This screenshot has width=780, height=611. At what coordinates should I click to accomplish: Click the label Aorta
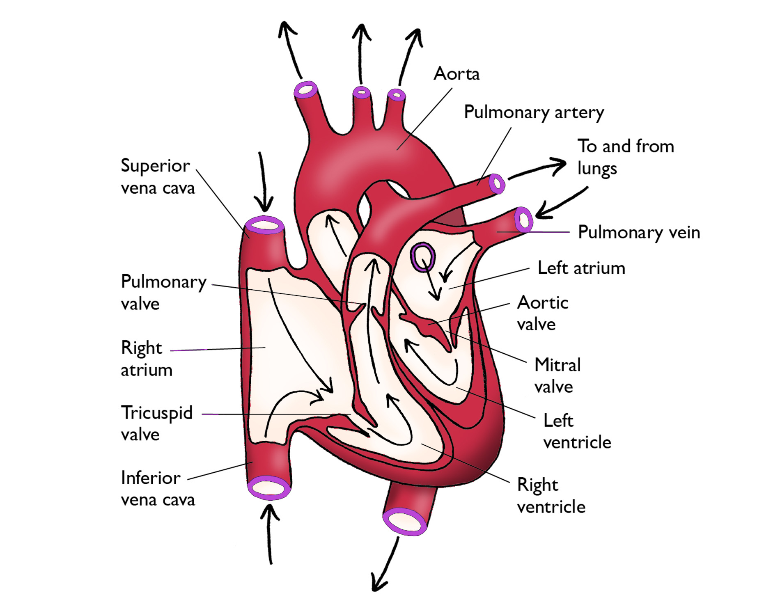(x=457, y=74)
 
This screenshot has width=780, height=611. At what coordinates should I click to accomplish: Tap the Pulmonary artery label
(x=534, y=112)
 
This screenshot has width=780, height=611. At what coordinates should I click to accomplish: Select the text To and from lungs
(x=625, y=157)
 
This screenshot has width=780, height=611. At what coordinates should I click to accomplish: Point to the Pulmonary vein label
(x=638, y=233)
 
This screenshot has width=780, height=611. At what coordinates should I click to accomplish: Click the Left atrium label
(x=581, y=268)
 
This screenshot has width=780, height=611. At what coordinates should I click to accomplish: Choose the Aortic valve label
(x=542, y=314)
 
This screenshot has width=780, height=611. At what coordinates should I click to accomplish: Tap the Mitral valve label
(x=557, y=375)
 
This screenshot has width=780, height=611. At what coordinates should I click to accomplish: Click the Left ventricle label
(x=577, y=431)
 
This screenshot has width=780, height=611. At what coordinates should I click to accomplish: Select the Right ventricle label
(x=551, y=496)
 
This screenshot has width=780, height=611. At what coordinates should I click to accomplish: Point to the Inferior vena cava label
(x=158, y=489)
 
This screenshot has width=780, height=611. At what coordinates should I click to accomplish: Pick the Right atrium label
(x=146, y=359)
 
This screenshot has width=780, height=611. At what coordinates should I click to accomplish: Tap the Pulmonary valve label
(x=163, y=293)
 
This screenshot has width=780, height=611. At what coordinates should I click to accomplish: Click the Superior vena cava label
(x=157, y=177)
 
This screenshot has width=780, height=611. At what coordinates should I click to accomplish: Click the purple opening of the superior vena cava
(x=264, y=225)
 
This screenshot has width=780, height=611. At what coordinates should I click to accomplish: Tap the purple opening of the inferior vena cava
(x=269, y=487)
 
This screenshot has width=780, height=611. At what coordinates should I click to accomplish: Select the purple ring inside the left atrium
(x=423, y=257)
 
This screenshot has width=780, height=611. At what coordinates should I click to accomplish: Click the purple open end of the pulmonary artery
(x=497, y=183)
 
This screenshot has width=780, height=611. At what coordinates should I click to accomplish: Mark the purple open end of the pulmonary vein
(x=524, y=220)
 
